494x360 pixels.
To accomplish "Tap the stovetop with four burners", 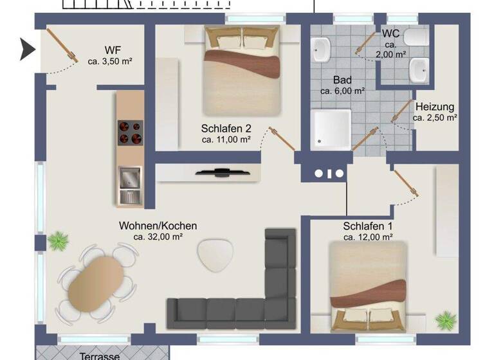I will [130, 132].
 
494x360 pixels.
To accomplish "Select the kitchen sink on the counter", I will [130, 184].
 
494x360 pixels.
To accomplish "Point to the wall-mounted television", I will [221, 172].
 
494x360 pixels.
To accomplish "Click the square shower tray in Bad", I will [332, 129].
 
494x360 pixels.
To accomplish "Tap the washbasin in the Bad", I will [321, 49].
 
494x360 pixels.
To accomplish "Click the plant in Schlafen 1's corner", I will [445, 319].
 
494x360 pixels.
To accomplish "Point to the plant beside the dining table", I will [59, 241].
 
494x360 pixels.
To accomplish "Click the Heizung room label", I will [435, 107].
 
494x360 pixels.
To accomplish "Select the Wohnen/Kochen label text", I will [158, 226].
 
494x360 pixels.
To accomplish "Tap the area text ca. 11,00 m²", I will [226, 139].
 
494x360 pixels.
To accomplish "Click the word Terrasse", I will [100, 355].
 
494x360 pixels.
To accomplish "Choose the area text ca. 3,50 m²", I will [110, 62].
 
